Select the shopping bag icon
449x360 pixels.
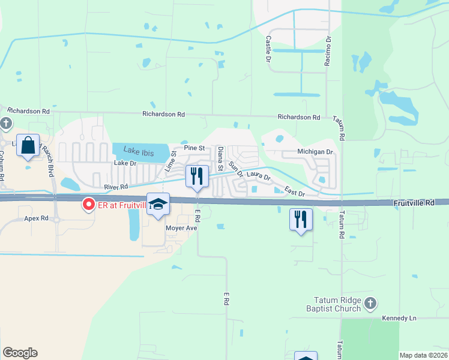(28, 145)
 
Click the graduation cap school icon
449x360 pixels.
(158, 205)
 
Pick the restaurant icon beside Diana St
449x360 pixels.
(197, 175)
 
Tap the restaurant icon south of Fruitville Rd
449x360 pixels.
(301, 218)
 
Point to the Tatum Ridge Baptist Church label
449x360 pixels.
(339, 304)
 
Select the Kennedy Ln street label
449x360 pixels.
(399, 318)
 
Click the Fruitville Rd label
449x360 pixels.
(414, 203)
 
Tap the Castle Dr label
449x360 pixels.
(268, 47)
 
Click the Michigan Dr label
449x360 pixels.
(315, 152)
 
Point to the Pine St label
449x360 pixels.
(194, 148)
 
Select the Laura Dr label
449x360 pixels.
(259, 178)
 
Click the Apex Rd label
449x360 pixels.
(37, 218)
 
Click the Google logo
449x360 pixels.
(20, 353)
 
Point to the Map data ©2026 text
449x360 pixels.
(423, 355)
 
